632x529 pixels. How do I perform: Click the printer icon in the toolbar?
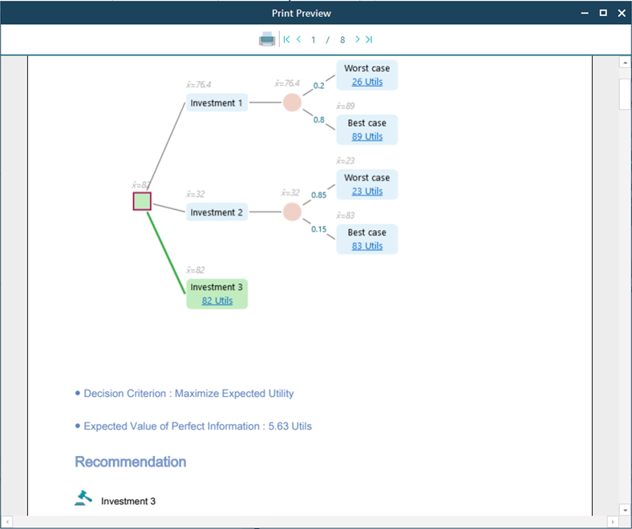[267, 39]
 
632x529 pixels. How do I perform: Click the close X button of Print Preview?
[621, 13]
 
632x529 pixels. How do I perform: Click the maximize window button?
[603, 13]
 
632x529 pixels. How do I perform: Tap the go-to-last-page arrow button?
[369, 39]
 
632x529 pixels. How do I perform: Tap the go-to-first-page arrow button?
[286, 39]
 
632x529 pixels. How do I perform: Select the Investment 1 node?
[217, 103]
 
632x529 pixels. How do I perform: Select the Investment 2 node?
[217, 212]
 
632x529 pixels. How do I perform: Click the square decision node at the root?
[142, 201]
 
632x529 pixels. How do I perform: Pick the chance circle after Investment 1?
[292, 103]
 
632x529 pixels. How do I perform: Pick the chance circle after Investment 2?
[292, 212]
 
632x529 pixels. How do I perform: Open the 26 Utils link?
[367, 82]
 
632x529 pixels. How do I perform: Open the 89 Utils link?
[367, 136]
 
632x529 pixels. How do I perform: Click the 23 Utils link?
[367, 191]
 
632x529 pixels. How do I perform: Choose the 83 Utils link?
[367, 246]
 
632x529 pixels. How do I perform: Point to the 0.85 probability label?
[318, 195]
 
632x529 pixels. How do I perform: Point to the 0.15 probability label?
[318, 229]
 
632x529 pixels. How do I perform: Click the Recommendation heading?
[130, 462]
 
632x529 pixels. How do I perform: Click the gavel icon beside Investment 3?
[83, 499]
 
